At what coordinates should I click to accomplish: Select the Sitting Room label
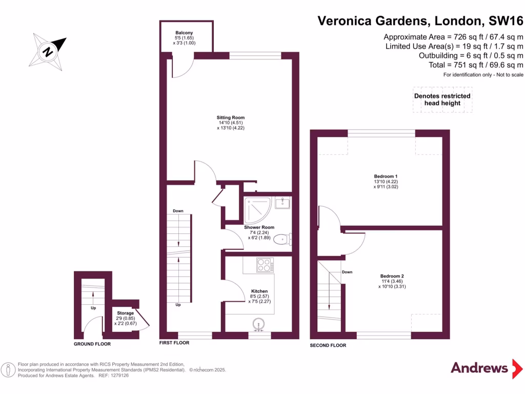click(230, 117)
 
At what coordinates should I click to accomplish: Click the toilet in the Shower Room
click(282, 240)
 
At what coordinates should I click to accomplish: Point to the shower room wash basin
click(282, 203)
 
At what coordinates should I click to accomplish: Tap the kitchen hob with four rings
click(265, 265)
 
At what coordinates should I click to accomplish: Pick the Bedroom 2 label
click(392, 276)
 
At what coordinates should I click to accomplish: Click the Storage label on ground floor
click(125, 313)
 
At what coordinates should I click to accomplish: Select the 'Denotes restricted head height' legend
click(442, 100)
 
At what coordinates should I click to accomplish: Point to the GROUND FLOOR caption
click(92, 344)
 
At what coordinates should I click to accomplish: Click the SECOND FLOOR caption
click(328, 345)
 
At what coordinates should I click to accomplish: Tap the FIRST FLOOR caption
click(174, 343)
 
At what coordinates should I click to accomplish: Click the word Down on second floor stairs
click(347, 272)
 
